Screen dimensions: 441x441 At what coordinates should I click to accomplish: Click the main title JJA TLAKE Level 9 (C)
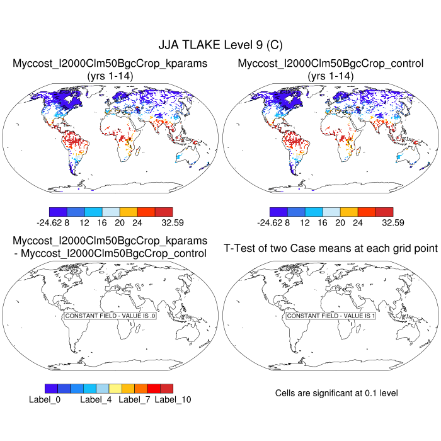click(220, 45)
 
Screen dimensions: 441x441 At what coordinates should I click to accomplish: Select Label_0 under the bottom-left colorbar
click(44, 399)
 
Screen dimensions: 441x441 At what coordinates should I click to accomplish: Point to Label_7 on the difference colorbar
click(134, 399)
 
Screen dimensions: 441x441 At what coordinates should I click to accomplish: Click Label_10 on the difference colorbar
click(173, 399)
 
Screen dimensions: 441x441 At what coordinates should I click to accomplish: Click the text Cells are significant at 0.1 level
click(336, 393)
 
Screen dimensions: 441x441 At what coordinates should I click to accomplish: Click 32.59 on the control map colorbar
click(391, 222)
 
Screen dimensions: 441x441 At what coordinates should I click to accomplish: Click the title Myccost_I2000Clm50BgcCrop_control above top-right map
click(331, 64)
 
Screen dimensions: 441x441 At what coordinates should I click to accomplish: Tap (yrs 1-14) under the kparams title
click(110, 76)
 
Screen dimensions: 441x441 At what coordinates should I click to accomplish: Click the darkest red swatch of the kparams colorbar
click(163, 212)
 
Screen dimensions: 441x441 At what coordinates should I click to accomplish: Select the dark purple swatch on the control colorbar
click(278, 212)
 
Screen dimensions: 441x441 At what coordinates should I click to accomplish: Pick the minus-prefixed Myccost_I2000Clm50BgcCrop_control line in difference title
click(110, 253)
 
